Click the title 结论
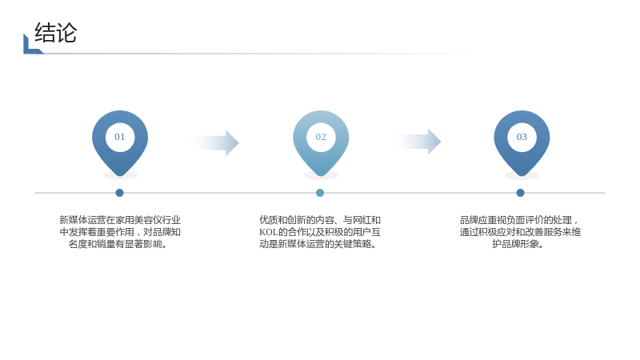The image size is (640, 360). pos(55,33)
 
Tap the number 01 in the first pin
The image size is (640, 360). pos(119,137)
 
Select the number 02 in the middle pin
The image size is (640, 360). pos(321,137)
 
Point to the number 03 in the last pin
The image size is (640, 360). pos(522,137)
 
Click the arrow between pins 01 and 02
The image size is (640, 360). pos(215,143)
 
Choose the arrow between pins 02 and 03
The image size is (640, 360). pos(417,142)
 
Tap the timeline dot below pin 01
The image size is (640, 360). pos(119,193)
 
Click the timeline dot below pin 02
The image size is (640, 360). pos(320,193)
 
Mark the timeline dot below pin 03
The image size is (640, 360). pos(520,193)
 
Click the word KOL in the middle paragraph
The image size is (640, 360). pos(269,232)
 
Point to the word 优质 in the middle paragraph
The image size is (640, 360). pos(269,220)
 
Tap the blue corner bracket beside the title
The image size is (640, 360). pos(32,45)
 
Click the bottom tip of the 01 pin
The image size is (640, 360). pos(120,176)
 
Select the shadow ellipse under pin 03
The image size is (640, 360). pos(522,175)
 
